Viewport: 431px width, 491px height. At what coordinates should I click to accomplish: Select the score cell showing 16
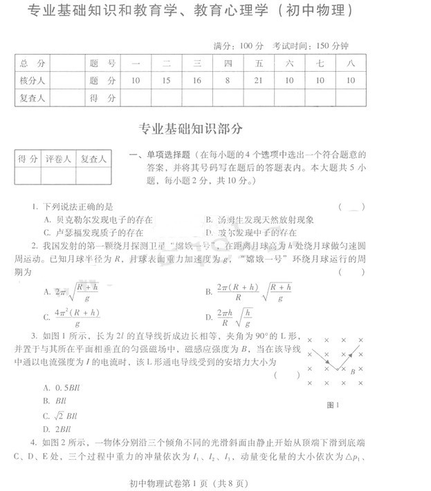197,81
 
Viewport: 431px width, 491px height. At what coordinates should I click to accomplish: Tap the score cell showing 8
228,81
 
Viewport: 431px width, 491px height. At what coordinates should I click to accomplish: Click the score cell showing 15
166,81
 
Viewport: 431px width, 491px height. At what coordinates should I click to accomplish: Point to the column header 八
351,64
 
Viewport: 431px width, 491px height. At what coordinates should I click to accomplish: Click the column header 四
228,64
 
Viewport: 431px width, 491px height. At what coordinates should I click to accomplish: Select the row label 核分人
33,81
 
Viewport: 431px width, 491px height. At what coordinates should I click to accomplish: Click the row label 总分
33,64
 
